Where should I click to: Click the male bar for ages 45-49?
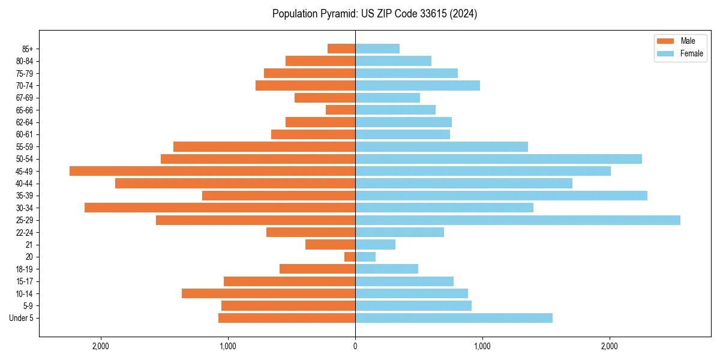pos(212,171)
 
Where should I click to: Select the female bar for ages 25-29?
pos(517,220)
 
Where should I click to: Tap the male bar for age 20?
pos(350,257)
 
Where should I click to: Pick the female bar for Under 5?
pos(454,318)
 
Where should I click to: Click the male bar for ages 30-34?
pos(220,208)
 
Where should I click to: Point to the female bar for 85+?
pos(377,49)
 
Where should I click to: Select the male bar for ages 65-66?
pos(340,110)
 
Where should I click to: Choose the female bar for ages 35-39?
pos(501,196)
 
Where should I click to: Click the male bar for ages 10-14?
pos(268,293)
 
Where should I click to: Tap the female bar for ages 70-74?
pos(418,85)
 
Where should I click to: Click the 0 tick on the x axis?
pos(355,346)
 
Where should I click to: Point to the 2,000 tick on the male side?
pos(101,346)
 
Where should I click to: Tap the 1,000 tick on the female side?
pos(482,346)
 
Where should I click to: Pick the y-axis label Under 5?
pos(22,318)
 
